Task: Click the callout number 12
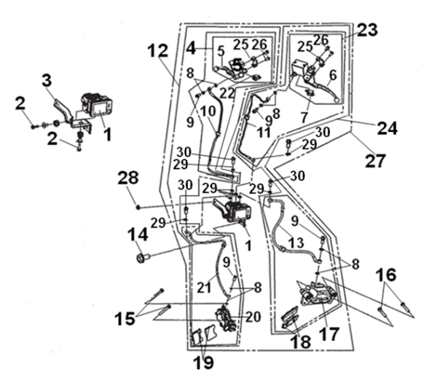(x=157, y=50)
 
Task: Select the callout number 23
(x=368, y=30)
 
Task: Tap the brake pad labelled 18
(x=289, y=318)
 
